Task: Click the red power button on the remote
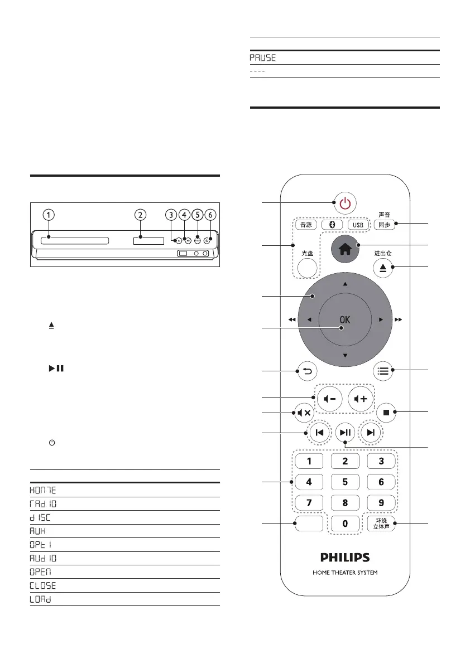click(x=345, y=203)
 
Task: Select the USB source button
click(x=359, y=225)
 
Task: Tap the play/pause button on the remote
click(x=345, y=432)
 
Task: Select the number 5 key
click(x=346, y=482)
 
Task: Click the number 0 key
click(x=346, y=524)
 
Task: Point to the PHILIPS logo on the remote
click(x=344, y=557)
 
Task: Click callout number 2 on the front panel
click(x=141, y=214)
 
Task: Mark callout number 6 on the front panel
click(x=210, y=214)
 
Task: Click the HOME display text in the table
click(x=42, y=489)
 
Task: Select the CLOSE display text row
click(x=42, y=585)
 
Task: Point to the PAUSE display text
click(x=262, y=58)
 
